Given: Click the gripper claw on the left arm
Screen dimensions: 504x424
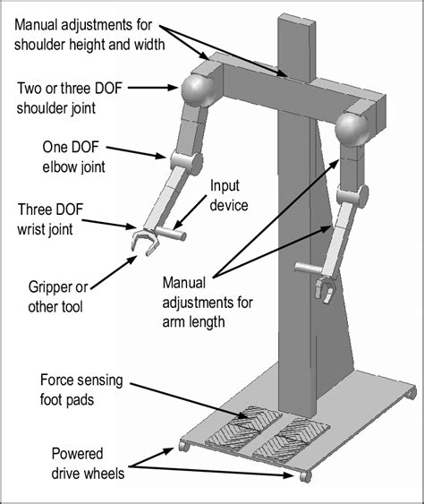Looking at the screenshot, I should tap(140, 243).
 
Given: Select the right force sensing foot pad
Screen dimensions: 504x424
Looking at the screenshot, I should tap(284, 436).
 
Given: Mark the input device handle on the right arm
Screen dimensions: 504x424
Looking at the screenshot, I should tap(306, 265).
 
